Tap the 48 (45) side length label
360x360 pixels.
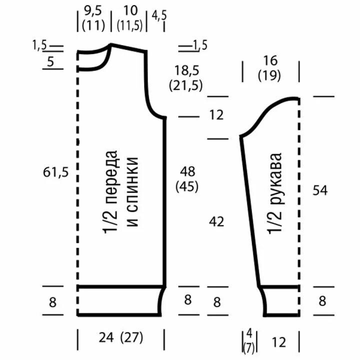(187, 178)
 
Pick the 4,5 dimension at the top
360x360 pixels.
(159, 15)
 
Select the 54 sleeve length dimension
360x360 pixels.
(320, 190)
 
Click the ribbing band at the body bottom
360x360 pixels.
(120, 300)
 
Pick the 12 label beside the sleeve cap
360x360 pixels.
(216, 115)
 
